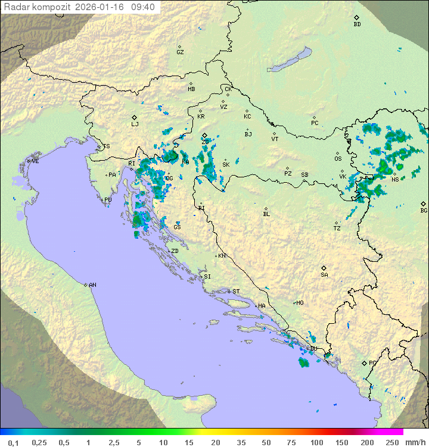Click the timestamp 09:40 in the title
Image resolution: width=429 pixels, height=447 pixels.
pos(143,7)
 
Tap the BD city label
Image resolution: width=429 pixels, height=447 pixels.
pos(357,24)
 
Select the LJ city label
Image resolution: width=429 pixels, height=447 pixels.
pos(135,124)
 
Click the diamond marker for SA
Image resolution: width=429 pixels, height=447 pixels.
pos(324,268)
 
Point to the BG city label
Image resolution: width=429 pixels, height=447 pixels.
pos(424,210)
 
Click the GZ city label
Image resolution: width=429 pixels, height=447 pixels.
pos(180,52)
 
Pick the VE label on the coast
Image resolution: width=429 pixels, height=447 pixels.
pos(35,161)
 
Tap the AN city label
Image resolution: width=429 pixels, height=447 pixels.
pos(92,285)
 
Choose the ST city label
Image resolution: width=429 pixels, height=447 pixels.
pos(236,292)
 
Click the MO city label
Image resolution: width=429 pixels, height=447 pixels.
pos(300,303)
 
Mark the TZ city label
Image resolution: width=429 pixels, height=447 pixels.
pos(337,229)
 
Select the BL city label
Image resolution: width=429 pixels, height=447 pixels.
pos(266,214)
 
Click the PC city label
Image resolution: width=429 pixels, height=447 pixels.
pos(315,123)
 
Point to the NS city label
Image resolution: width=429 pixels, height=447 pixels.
pos(395,179)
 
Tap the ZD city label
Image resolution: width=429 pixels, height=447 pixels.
pos(175,251)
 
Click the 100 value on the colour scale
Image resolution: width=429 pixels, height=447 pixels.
pos(316,442)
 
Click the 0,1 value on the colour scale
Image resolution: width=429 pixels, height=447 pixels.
pos(13,442)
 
